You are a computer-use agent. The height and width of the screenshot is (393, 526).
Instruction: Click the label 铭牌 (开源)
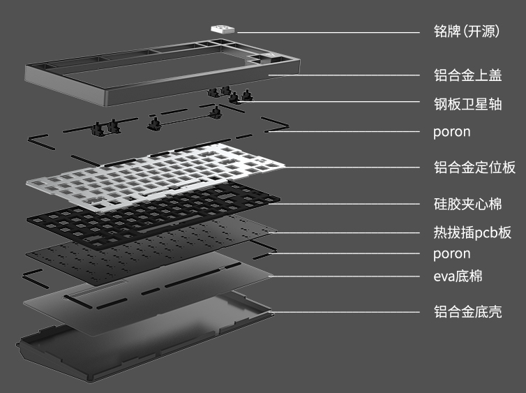click(x=467, y=31)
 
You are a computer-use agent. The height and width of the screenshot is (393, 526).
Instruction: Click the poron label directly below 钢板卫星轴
click(x=451, y=131)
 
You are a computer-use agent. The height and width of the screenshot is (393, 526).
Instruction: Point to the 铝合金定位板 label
click(x=474, y=167)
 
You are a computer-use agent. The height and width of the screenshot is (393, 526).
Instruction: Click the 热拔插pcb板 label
click(x=472, y=232)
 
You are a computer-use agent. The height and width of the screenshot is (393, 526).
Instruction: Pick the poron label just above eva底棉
click(x=451, y=253)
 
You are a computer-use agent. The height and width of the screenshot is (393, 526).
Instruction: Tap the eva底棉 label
click(x=457, y=276)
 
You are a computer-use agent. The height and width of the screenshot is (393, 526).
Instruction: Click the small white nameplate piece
click(x=223, y=28)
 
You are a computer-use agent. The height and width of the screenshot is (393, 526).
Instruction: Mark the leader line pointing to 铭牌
click(x=328, y=31)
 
